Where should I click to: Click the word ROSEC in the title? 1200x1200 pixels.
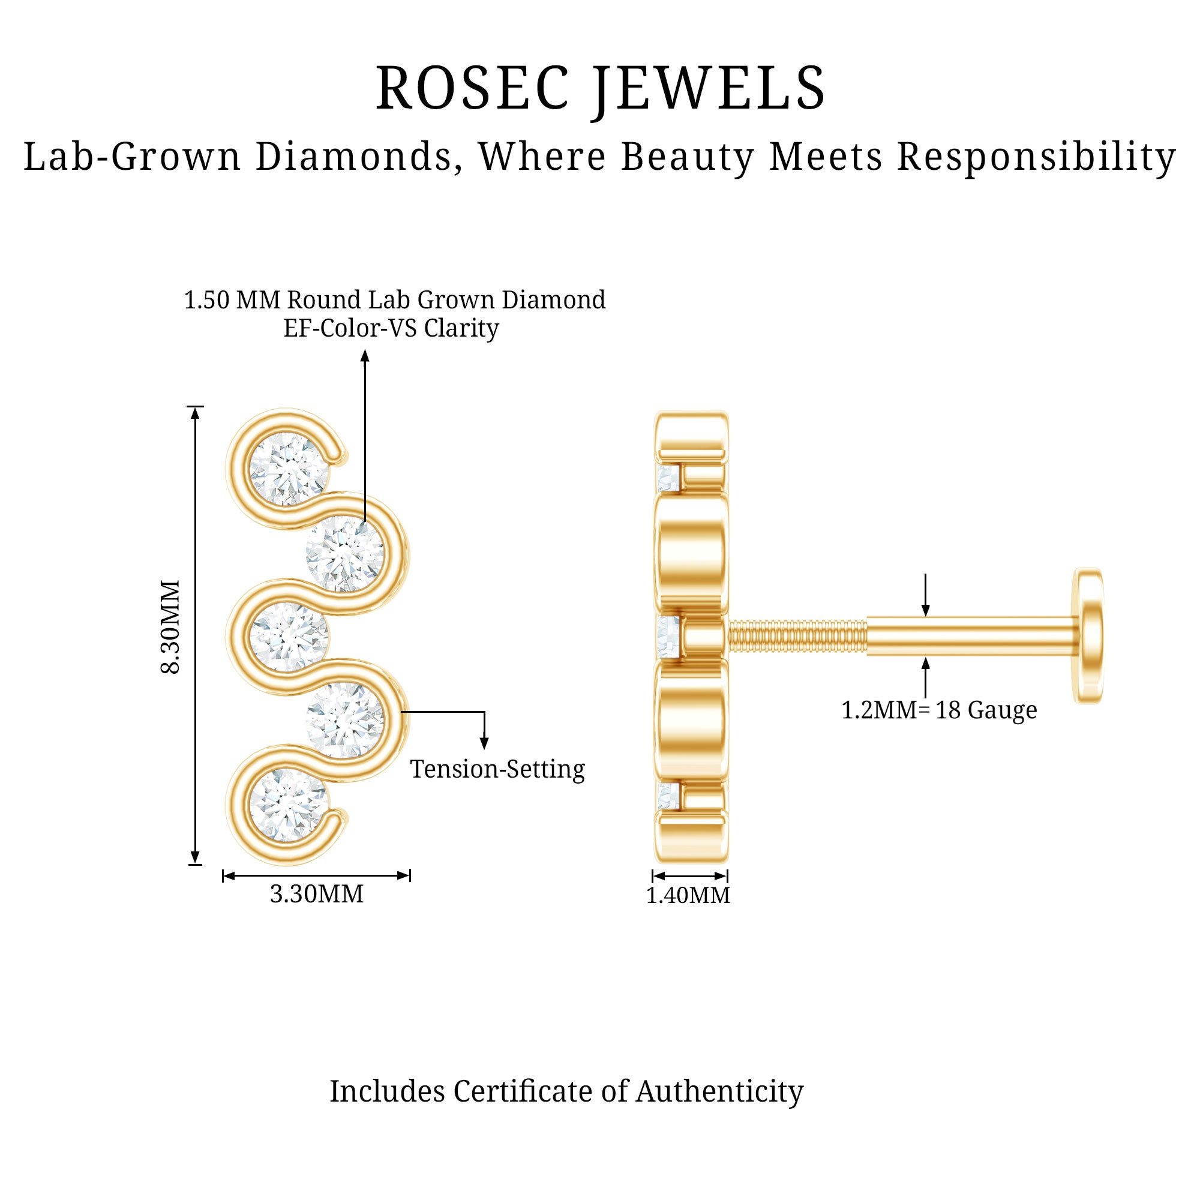(x=472, y=88)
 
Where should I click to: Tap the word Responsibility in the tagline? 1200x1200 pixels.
(x=1036, y=156)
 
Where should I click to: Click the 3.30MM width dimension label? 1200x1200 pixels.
(x=317, y=894)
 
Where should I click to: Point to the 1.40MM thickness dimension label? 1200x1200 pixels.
(x=688, y=895)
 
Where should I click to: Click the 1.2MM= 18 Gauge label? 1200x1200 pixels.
(x=939, y=710)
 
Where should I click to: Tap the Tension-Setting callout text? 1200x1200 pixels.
(x=497, y=769)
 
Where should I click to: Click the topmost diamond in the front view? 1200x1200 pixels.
(x=288, y=469)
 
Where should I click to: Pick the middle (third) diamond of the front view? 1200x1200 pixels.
(x=288, y=637)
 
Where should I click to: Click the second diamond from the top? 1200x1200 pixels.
(x=346, y=553)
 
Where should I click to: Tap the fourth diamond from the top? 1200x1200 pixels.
(x=346, y=721)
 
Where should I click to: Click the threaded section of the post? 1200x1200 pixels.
(x=797, y=636)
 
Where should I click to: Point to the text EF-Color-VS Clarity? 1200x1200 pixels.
(x=391, y=328)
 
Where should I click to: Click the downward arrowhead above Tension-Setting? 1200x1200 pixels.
(x=484, y=743)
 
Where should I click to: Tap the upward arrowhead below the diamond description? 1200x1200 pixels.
(x=365, y=356)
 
